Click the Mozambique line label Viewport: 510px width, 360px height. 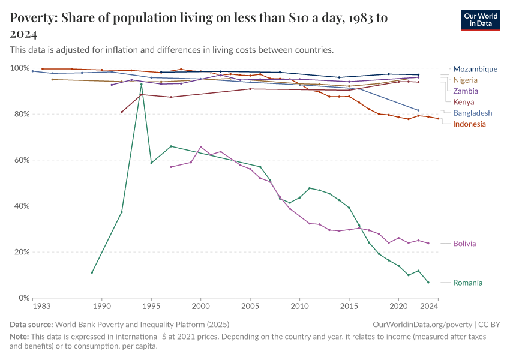[x=475, y=69]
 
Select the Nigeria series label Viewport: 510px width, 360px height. [x=466, y=80]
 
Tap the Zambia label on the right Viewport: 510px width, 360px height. [x=466, y=91]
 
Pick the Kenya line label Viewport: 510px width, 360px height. [x=464, y=102]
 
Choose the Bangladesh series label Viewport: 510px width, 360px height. [x=472, y=113]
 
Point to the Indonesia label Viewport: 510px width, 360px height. [x=469, y=124]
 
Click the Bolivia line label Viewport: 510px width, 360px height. [x=464, y=244]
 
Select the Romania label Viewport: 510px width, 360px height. [x=467, y=283]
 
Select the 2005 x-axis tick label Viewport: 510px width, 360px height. [x=250, y=306]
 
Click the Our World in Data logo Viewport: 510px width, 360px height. [x=480, y=20]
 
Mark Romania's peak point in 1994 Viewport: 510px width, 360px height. [x=142, y=84]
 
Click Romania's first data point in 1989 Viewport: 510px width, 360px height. [x=92, y=272]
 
